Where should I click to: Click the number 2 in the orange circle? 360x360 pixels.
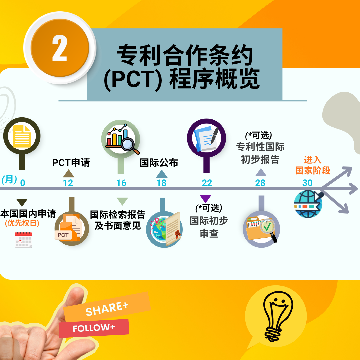(x=59, y=48)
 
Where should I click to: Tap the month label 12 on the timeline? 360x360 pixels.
(x=68, y=183)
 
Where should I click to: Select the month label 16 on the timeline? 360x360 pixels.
(x=121, y=183)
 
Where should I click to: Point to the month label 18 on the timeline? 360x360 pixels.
(x=161, y=183)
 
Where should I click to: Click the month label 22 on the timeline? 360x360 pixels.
(x=207, y=183)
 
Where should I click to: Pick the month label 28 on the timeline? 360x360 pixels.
(x=260, y=183)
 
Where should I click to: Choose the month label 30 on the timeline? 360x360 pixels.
(x=307, y=183)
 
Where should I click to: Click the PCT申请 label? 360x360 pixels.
(x=71, y=163)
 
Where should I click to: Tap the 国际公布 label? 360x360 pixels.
(x=159, y=163)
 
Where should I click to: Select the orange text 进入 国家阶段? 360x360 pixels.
(x=312, y=165)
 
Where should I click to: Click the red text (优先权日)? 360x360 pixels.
(x=22, y=223)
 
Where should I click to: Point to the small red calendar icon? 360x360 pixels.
(x=23, y=240)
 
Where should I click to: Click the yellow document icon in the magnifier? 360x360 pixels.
(x=22, y=136)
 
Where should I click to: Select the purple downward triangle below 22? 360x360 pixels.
(x=205, y=199)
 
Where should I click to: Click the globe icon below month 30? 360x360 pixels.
(x=308, y=204)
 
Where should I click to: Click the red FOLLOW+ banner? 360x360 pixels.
(x=94, y=328)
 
